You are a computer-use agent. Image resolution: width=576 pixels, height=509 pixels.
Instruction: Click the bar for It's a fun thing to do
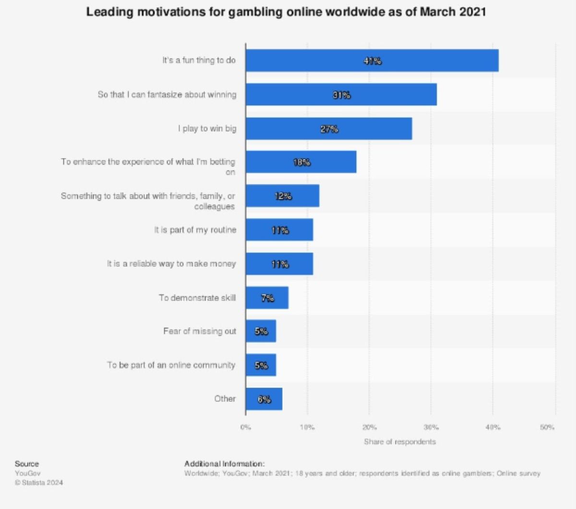[x=372, y=61]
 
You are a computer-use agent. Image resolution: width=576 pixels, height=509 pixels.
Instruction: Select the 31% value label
[x=342, y=95]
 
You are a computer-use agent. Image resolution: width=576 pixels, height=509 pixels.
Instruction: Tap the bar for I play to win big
[x=329, y=129]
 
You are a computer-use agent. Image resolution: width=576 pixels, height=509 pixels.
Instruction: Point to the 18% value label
[x=302, y=162]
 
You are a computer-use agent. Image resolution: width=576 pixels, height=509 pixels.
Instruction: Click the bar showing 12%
[x=282, y=196]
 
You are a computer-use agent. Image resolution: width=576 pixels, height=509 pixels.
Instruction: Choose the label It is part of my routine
[x=195, y=230]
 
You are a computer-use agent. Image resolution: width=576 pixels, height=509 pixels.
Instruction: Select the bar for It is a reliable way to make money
[x=279, y=264]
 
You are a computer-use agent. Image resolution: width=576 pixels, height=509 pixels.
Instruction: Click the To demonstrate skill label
[x=197, y=298]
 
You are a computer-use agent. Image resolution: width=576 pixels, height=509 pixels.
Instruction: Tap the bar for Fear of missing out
[x=261, y=331]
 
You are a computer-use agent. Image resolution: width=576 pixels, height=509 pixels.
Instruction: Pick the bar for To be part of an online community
[x=261, y=365]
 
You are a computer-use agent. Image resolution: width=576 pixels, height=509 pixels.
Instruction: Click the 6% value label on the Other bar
[x=264, y=399]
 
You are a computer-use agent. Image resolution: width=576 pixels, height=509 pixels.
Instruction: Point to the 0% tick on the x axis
[x=246, y=427]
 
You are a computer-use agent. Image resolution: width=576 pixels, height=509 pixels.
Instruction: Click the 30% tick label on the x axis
[x=431, y=427]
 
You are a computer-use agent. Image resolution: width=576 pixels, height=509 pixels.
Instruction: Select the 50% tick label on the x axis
[x=547, y=427]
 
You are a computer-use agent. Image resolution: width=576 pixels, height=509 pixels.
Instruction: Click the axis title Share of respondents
[x=400, y=442]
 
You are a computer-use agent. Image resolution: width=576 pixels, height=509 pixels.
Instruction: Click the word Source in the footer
[x=27, y=464]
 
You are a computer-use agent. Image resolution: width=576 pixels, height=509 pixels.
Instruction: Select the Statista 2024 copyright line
[x=39, y=483]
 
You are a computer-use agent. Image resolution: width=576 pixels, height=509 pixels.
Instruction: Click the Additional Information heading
[x=224, y=464]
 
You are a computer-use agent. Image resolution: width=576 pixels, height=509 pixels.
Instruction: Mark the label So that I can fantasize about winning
[x=167, y=95]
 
